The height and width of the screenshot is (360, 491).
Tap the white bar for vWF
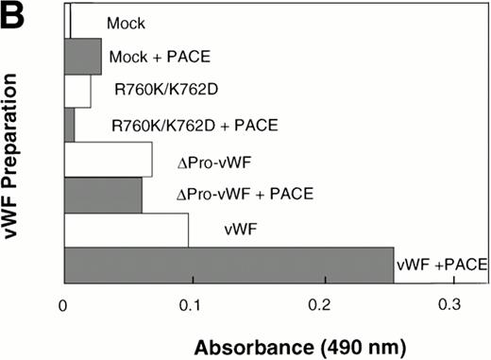pyautogui.click(x=126, y=230)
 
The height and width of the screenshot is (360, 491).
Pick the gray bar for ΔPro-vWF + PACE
pyautogui.click(x=103, y=195)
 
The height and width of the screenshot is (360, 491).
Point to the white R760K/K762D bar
pyautogui.click(x=77, y=90)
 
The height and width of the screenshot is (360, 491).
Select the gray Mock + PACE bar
pyautogui.click(x=82, y=56)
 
